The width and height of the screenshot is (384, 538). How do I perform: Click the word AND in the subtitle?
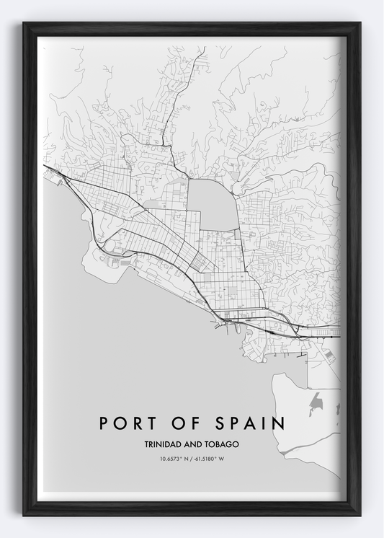point(192,444)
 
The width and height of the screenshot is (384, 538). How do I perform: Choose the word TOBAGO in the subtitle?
point(220,444)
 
